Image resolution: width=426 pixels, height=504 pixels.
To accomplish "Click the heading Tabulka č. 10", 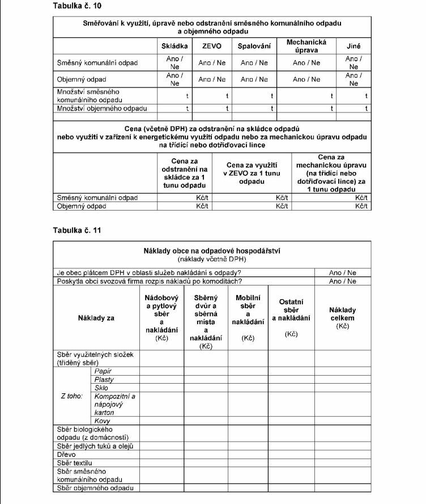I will (x=76, y=6).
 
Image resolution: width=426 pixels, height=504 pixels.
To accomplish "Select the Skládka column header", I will (x=175, y=47).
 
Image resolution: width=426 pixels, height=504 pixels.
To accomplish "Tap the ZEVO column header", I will (x=212, y=47).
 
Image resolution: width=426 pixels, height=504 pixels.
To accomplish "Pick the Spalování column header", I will (x=254, y=47).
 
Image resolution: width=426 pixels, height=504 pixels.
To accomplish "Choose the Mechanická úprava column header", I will (x=306, y=46).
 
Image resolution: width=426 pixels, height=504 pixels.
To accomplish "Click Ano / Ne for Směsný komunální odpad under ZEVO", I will (x=212, y=63).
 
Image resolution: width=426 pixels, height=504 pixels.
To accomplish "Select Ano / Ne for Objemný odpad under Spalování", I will (x=254, y=79).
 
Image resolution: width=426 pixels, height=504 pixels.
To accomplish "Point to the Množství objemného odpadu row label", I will (x=102, y=108).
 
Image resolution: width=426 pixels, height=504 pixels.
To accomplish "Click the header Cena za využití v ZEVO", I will (x=252, y=173).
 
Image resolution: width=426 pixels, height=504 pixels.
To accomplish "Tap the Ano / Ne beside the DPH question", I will (x=343, y=272).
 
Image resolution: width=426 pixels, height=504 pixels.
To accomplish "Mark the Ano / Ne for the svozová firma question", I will (x=343, y=281).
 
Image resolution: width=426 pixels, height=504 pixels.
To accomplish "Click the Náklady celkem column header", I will (x=343, y=318).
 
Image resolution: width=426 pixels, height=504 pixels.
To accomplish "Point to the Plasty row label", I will (x=105, y=379).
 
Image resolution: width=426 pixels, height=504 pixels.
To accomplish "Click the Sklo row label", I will (x=103, y=388).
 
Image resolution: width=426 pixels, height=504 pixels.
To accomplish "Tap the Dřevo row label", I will (x=67, y=455).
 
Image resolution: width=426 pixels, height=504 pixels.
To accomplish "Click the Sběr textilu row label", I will (x=75, y=463).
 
